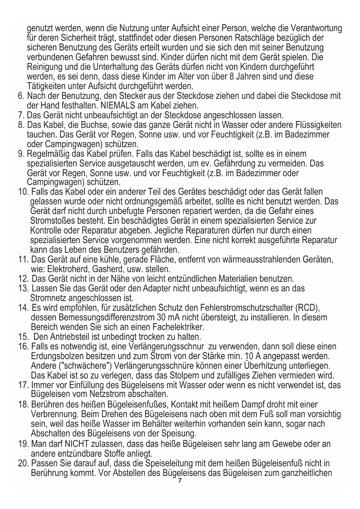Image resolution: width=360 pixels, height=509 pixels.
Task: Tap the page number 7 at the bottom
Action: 180,481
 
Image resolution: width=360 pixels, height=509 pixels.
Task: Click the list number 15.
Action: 23,337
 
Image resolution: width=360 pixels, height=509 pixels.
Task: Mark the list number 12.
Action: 23,279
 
